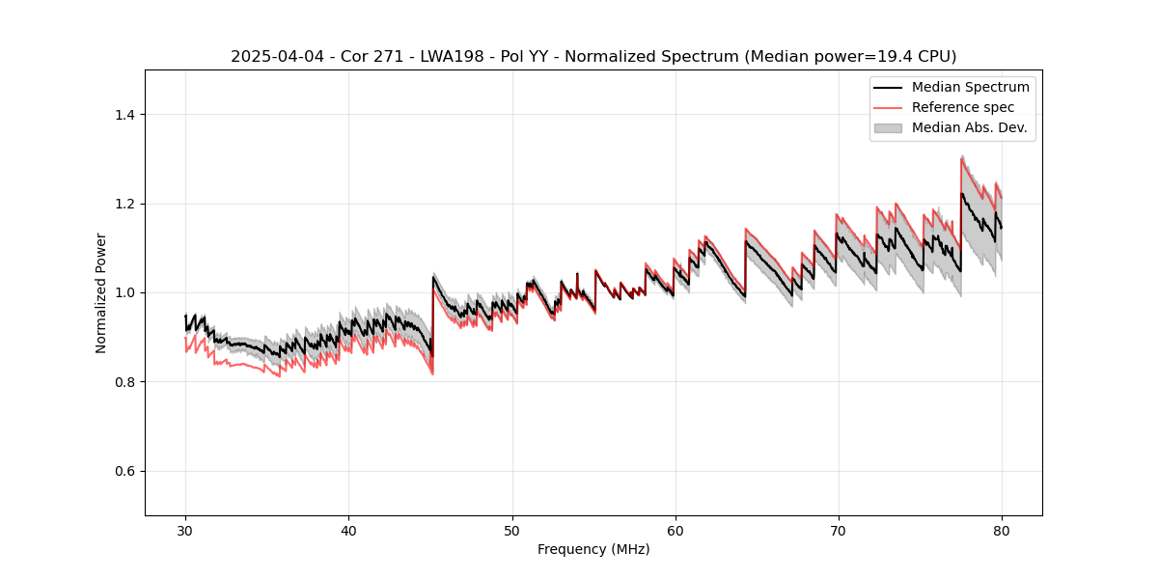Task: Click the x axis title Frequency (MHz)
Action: pyautogui.click(x=593, y=549)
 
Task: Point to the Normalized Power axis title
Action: pyautogui.click(x=101, y=292)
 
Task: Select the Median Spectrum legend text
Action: pyautogui.click(x=970, y=87)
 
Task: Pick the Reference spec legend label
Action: pyautogui.click(x=963, y=107)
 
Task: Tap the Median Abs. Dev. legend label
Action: pyautogui.click(x=969, y=127)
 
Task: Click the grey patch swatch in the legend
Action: pyautogui.click(x=888, y=127)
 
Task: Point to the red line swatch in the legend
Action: pyautogui.click(x=888, y=107)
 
